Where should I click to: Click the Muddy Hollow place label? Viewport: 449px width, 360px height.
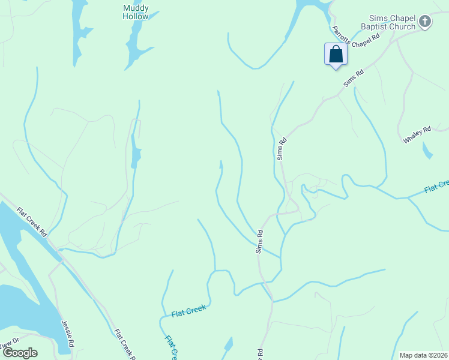(x=136, y=13)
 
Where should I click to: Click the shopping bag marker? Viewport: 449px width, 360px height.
(x=336, y=55)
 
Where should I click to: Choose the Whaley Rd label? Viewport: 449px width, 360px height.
(x=417, y=134)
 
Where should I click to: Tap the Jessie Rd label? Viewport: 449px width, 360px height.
(x=67, y=333)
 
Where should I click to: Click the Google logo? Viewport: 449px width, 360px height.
(x=20, y=353)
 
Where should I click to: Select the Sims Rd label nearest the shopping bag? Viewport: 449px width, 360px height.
(x=354, y=79)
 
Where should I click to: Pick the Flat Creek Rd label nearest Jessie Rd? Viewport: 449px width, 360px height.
(x=124, y=344)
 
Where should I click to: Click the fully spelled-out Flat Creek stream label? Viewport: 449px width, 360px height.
(x=188, y=311)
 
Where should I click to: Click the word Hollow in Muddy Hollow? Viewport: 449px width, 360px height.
(x=136, y=17)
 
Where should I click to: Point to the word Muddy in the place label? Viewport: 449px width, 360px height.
(x=136, y=8)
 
